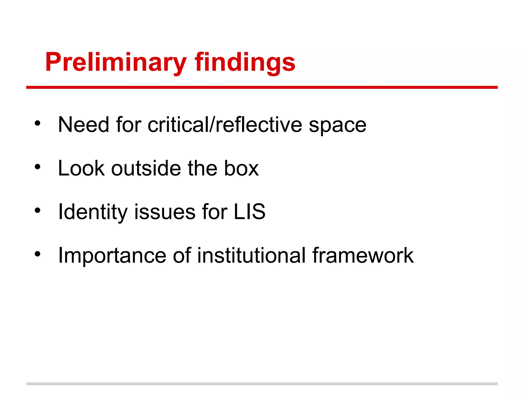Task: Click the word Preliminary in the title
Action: pyautogui.click(x=116, y=62)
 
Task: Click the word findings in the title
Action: pyautogui.click(x=245, y=62)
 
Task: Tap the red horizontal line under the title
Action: pyautogui.click(x=262, y=88)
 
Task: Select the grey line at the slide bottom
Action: pyautogui.click(x=262, y=384)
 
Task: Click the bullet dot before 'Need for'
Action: pyautogui.click(x=38, y=123)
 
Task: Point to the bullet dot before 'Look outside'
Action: pyautogui.click(x=38, y=167)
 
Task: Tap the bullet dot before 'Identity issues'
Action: pyautogui.click(x=38, y=211)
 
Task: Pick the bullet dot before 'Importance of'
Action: pyautogui.click(x=38, y=254)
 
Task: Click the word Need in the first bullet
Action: pyautogui.click(x=83, y=125)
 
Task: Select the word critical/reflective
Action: pyautogui.click(x=225, y=125)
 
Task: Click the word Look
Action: pyautogui.click(x=81, y=168)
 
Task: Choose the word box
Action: pyautogui.click(x=241, y=168)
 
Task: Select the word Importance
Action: pyautogui.click(x=112, y=255)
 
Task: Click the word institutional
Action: pyautogui.click(x=251, y=255)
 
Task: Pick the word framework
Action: pyautogui.click(x=363, y=255)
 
